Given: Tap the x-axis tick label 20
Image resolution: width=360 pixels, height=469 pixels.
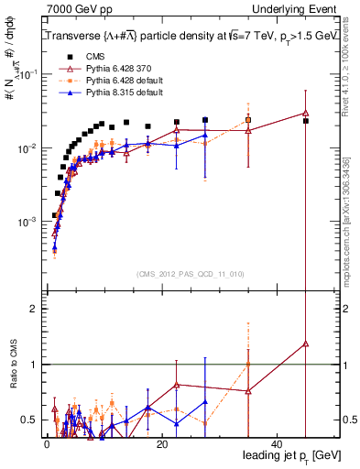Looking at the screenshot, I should pyautogui.click(x=161, y=443).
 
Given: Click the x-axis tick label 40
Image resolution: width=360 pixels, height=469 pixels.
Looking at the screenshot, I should pyautogui.click(x=277, y=443).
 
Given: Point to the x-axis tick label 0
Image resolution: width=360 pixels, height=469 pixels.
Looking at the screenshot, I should pyautogui.click(x=47, y=443).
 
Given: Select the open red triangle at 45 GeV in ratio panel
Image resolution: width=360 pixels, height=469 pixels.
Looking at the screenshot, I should pyautogui.click(x=306, y=344).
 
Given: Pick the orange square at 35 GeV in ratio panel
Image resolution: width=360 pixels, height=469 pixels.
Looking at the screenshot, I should pyautogui.click(x=248, y=365).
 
